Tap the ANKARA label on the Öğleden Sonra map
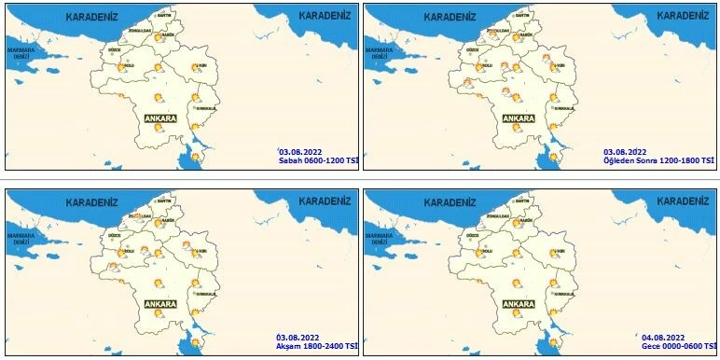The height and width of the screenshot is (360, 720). click(518, 118)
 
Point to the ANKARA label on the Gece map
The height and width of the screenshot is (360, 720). click(518, 304)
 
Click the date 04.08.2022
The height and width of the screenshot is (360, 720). click(663, 337)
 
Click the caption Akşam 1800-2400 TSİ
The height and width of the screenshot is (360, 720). click(315, 346)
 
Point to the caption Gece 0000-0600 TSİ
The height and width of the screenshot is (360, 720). click(676, 346)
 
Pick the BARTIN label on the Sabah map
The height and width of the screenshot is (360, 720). click(163, 16)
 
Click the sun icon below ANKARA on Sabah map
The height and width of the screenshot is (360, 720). click(159, 131)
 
